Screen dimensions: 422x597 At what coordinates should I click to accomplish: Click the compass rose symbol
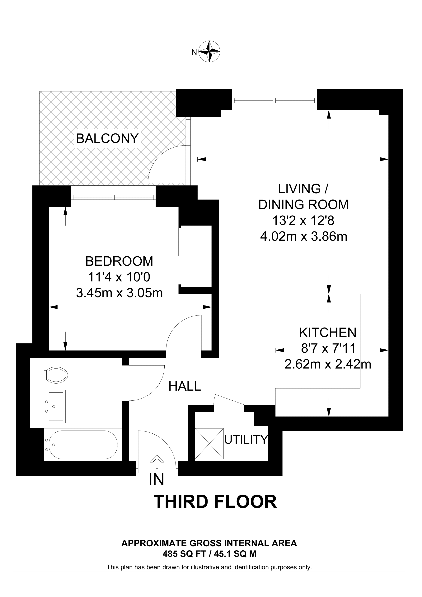tap(209, 51)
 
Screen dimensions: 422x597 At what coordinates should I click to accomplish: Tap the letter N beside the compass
tap(194, 52)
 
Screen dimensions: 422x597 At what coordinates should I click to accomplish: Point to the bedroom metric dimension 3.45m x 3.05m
tap(119, 293)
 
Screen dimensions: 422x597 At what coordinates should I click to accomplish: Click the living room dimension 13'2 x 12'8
tap(303, 221)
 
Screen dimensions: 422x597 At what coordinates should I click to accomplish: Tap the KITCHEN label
tap(328, 333)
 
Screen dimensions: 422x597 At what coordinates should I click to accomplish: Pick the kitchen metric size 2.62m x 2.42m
tap(328, 364)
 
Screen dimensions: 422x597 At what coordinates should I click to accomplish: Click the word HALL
tap(185, 386)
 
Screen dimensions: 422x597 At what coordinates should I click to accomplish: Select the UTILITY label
tap(246, 439)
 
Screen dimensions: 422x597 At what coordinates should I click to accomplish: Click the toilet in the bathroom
tap(56, 375)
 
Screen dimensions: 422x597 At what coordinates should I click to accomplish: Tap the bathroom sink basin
tap(55, 406)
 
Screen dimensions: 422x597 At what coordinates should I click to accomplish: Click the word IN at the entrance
tap(156, 479)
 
